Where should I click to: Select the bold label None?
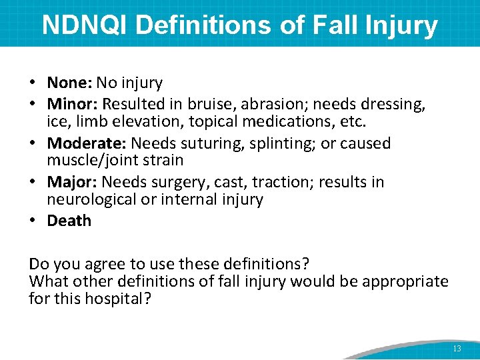pyautogui.click(x=69, y=83)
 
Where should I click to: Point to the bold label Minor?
pyautogui.click(x=73, y=105)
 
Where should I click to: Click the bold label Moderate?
pyautogui.click(x=87, y=143)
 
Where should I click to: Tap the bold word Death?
pyautogui.click(x=69, y=221)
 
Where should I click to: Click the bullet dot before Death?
pyautogui.click(x=33, y=221)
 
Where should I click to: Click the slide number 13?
pyautogui.click(x=457, y=349)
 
